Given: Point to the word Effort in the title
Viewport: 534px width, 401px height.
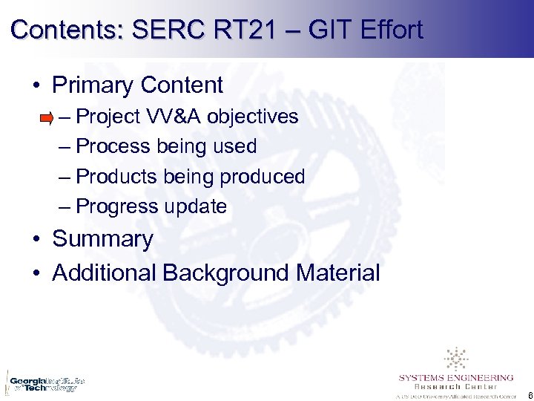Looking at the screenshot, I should (x=391, y=30).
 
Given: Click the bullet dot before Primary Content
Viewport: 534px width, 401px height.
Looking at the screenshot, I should (x=36, y=86).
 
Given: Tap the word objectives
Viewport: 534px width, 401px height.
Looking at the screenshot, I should (x=253, y=117).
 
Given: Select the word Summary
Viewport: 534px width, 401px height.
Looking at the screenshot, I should (x=102, y=239).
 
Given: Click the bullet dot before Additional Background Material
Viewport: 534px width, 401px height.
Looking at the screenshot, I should (x=36, y=273).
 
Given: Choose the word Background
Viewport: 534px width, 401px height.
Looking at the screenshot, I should (x=225, y=273).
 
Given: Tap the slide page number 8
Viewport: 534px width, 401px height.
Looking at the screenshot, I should (x=527, y=394).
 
